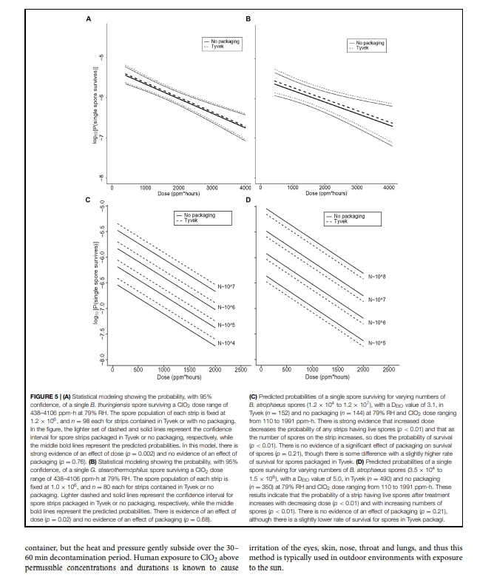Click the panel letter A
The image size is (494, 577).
pos(88,18)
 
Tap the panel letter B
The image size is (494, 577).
pos(248,18)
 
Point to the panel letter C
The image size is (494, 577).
pos(88,200)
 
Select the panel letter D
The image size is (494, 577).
pos(248,200)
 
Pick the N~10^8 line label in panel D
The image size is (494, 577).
pos(377,277)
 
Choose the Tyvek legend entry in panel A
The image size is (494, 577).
pos(218,46)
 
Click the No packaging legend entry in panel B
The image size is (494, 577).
pos(375,41)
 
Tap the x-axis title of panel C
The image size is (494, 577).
pos(175,377)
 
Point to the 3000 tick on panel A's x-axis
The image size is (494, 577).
pos(211,188)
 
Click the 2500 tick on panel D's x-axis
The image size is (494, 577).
pos(388,369)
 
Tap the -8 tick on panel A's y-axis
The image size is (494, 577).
pos(103,176)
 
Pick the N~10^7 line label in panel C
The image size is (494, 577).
pos(226,286)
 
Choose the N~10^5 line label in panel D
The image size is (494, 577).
pos(377,343)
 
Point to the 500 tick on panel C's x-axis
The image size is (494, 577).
pos(138,369)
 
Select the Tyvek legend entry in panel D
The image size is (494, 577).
pos(339,221)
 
